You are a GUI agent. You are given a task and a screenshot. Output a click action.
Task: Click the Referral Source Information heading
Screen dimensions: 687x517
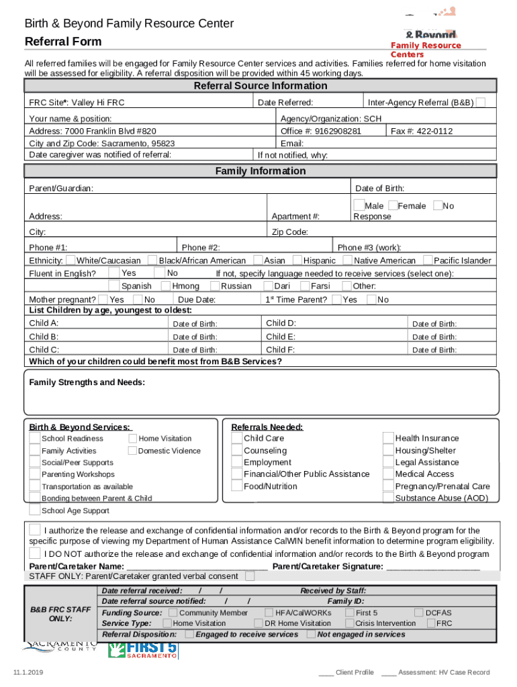pyautogui.click(x=261, y=86)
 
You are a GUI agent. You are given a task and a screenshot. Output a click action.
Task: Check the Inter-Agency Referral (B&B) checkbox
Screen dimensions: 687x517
pyautogui.click(x=481, y=102)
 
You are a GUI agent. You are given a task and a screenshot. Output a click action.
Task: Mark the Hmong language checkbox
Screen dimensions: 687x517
pyautogui.click(x=166, y=286)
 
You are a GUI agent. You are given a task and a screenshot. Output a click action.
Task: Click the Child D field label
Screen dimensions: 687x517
pyautogui.click(x=281, y=323)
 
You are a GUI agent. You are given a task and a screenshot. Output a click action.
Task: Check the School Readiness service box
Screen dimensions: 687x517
pyautogui.click(x=34, y=438)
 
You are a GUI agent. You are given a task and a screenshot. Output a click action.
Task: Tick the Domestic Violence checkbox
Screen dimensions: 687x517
pyautogui.click(x=132, y=451)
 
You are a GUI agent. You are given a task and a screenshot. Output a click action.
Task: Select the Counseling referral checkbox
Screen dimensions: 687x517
pyautogui.click(x=236, y=451)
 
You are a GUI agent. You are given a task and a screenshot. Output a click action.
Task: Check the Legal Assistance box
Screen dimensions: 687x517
pyautogui.click(x=388, y=462)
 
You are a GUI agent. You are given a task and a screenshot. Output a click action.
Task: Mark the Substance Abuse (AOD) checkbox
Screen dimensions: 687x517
pyautogui.click(x=388, y=498)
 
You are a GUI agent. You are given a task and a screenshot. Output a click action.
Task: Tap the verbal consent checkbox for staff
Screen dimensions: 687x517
pyautogui.click(x=250, y=576)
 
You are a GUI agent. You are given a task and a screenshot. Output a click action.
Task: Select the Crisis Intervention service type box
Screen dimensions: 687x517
pyautogui.click(x=349, y=623)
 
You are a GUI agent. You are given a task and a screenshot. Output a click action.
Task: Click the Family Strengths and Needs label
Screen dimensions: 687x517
pyautogui.click(x=87, y=382)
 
